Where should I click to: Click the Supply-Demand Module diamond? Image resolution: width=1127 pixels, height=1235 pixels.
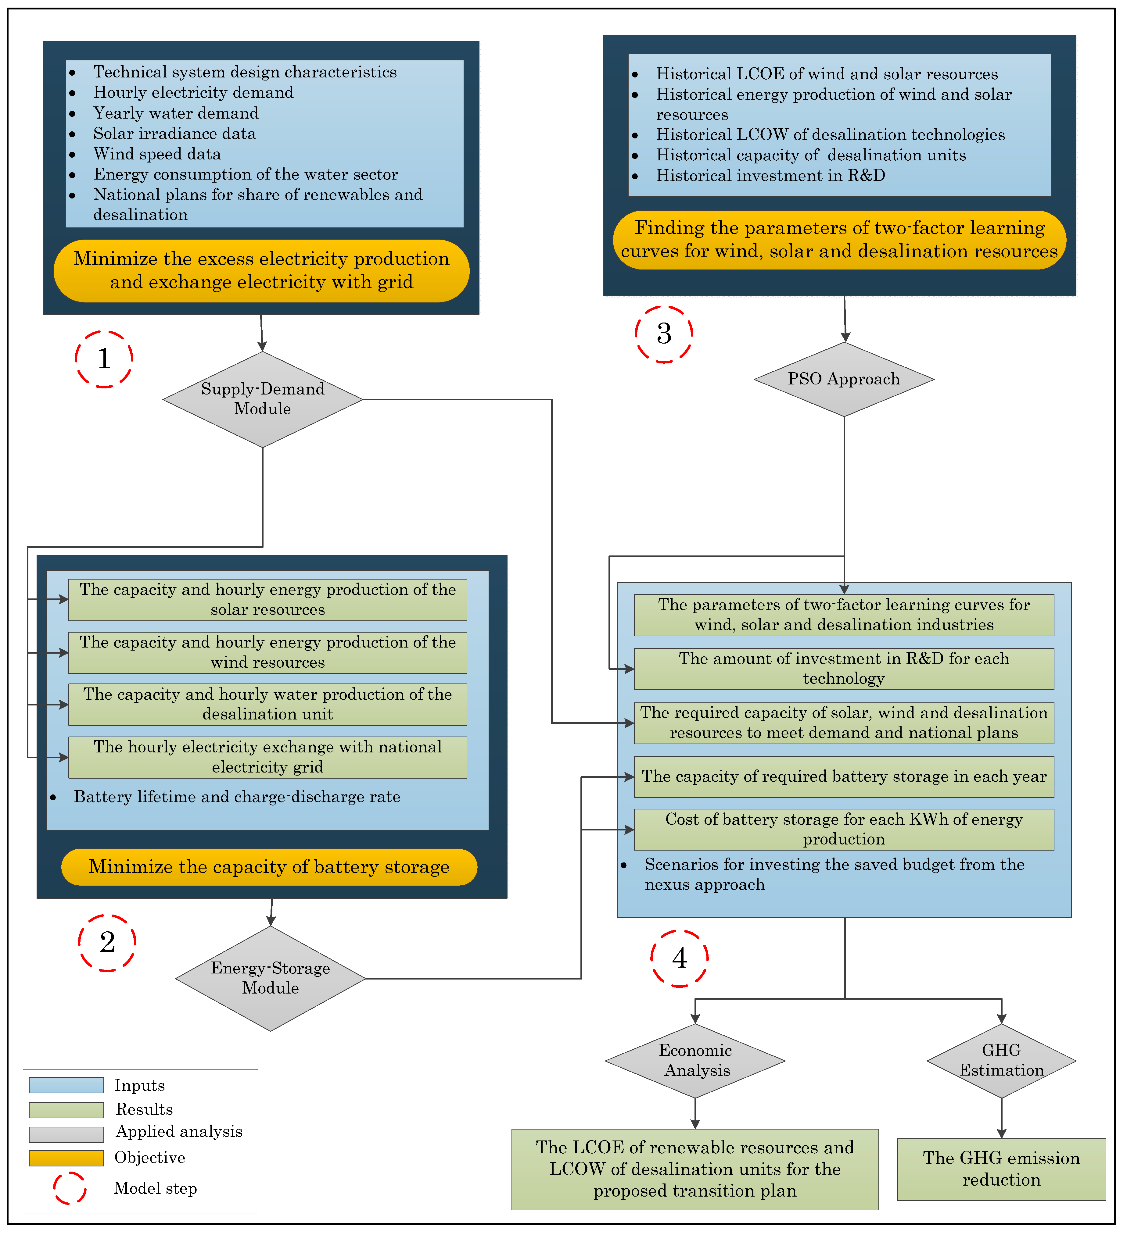point(263,399)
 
